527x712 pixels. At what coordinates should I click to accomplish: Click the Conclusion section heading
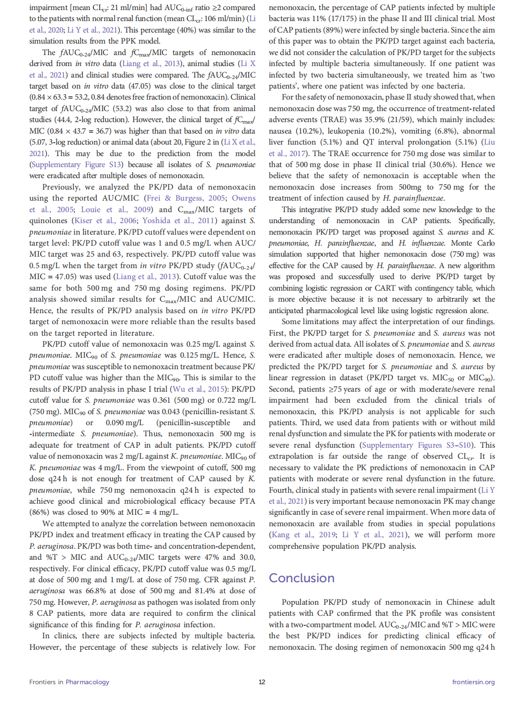click(x=301, y=578)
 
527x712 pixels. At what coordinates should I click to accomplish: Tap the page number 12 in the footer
click(x=262, y=682)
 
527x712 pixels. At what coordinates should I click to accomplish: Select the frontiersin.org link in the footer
click(x=473, y=682)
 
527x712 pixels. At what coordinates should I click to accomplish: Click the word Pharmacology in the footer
click(x=87, y=682)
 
